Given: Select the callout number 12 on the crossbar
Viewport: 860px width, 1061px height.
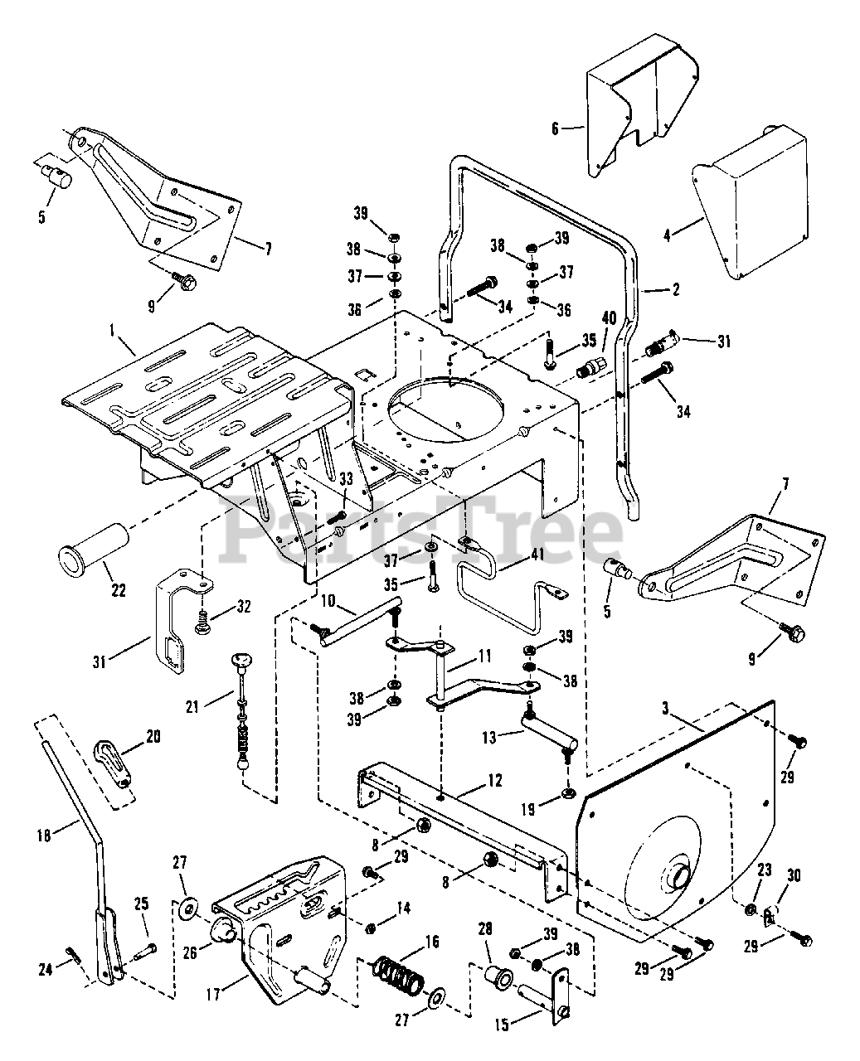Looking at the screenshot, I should coord(494,780).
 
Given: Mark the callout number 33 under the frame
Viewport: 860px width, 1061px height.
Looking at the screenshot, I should coord(347,478).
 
